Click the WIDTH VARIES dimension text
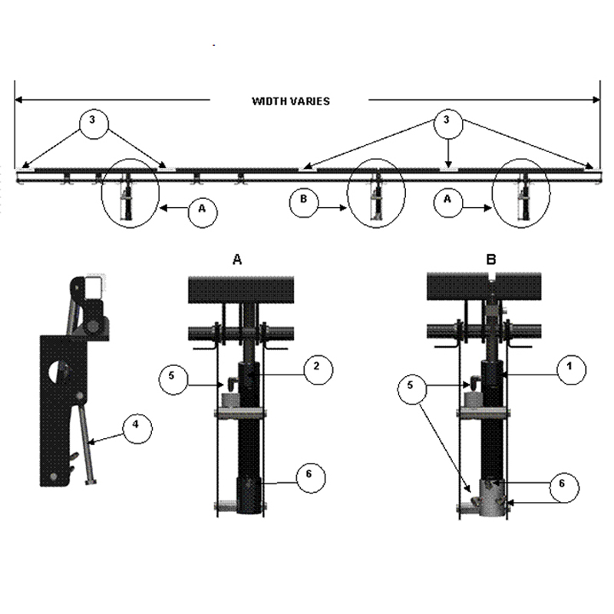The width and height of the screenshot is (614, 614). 291,101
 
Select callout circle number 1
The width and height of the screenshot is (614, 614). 571,369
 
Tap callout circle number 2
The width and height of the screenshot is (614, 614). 318,370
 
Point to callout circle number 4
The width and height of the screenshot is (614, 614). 137,428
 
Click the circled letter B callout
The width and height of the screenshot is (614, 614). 304,203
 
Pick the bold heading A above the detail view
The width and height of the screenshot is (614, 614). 237,259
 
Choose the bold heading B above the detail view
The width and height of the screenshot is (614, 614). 491,259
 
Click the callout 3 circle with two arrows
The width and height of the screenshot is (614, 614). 94,124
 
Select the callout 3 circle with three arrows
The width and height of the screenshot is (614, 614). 448,124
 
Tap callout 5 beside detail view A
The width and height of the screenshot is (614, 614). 173,379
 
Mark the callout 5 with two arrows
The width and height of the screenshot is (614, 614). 412,389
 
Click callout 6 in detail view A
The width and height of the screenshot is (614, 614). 311,477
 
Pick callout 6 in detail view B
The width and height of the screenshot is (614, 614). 564,487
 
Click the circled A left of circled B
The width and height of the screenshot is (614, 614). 203,213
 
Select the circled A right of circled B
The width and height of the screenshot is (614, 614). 448,203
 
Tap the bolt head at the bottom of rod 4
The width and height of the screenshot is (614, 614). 91,482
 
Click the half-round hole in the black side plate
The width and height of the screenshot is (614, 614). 58,371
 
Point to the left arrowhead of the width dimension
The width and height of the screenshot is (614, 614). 18,100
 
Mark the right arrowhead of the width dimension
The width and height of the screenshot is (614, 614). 596,100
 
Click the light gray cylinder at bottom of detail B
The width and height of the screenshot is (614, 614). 493,497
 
